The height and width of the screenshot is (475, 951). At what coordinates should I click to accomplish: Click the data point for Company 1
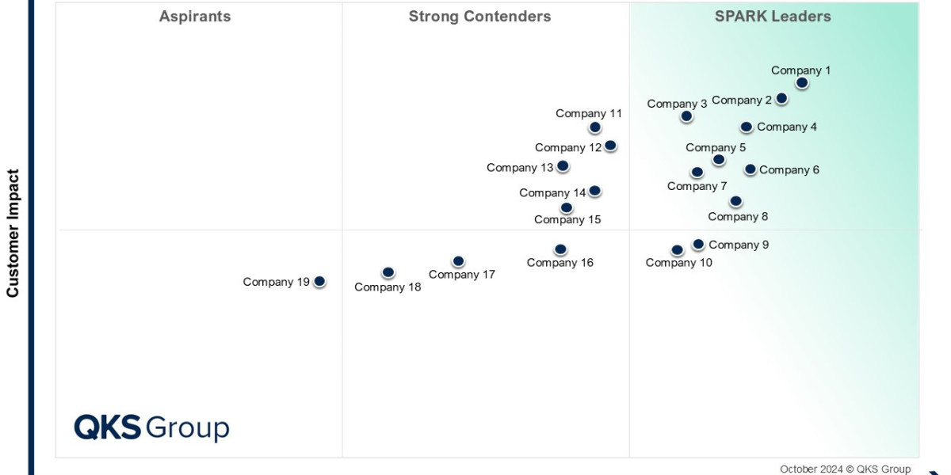pos(802,82)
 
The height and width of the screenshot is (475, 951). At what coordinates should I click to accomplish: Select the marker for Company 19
pos(319,281)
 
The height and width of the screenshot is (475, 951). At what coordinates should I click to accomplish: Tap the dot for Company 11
pos(595,127)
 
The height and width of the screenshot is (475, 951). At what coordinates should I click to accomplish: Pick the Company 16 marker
pos(560,249)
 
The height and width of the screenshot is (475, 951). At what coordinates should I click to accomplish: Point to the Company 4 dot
pos(747,127)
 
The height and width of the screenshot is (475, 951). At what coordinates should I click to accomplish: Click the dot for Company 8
pos(735,201)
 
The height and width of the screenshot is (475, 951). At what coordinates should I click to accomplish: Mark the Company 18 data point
pos(388,272)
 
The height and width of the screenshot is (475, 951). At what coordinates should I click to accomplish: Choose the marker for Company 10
pos(677,250)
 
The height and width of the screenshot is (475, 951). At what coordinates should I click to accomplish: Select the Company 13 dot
pos(563,166)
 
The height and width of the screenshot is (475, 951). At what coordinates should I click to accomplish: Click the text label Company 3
pos(677,104)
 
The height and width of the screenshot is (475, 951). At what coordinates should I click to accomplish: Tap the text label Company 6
pos(789,169)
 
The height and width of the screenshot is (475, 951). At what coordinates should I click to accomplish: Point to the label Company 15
pos(567,220)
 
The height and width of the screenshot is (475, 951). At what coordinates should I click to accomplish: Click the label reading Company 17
pos(462,275)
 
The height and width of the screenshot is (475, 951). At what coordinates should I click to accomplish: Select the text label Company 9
pos(739,245)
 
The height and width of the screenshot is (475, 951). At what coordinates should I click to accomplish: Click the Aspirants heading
pos(195,17)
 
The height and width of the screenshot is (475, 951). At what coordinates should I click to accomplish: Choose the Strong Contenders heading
pos(479,17)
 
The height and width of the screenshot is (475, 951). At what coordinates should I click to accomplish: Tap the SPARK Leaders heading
pos(773,17)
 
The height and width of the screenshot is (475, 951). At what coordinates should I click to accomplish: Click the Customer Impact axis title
pos(13,233)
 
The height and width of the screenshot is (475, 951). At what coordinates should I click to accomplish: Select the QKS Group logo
pos(151,427)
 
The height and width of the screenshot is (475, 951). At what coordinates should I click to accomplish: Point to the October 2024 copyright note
pos(845,469)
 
